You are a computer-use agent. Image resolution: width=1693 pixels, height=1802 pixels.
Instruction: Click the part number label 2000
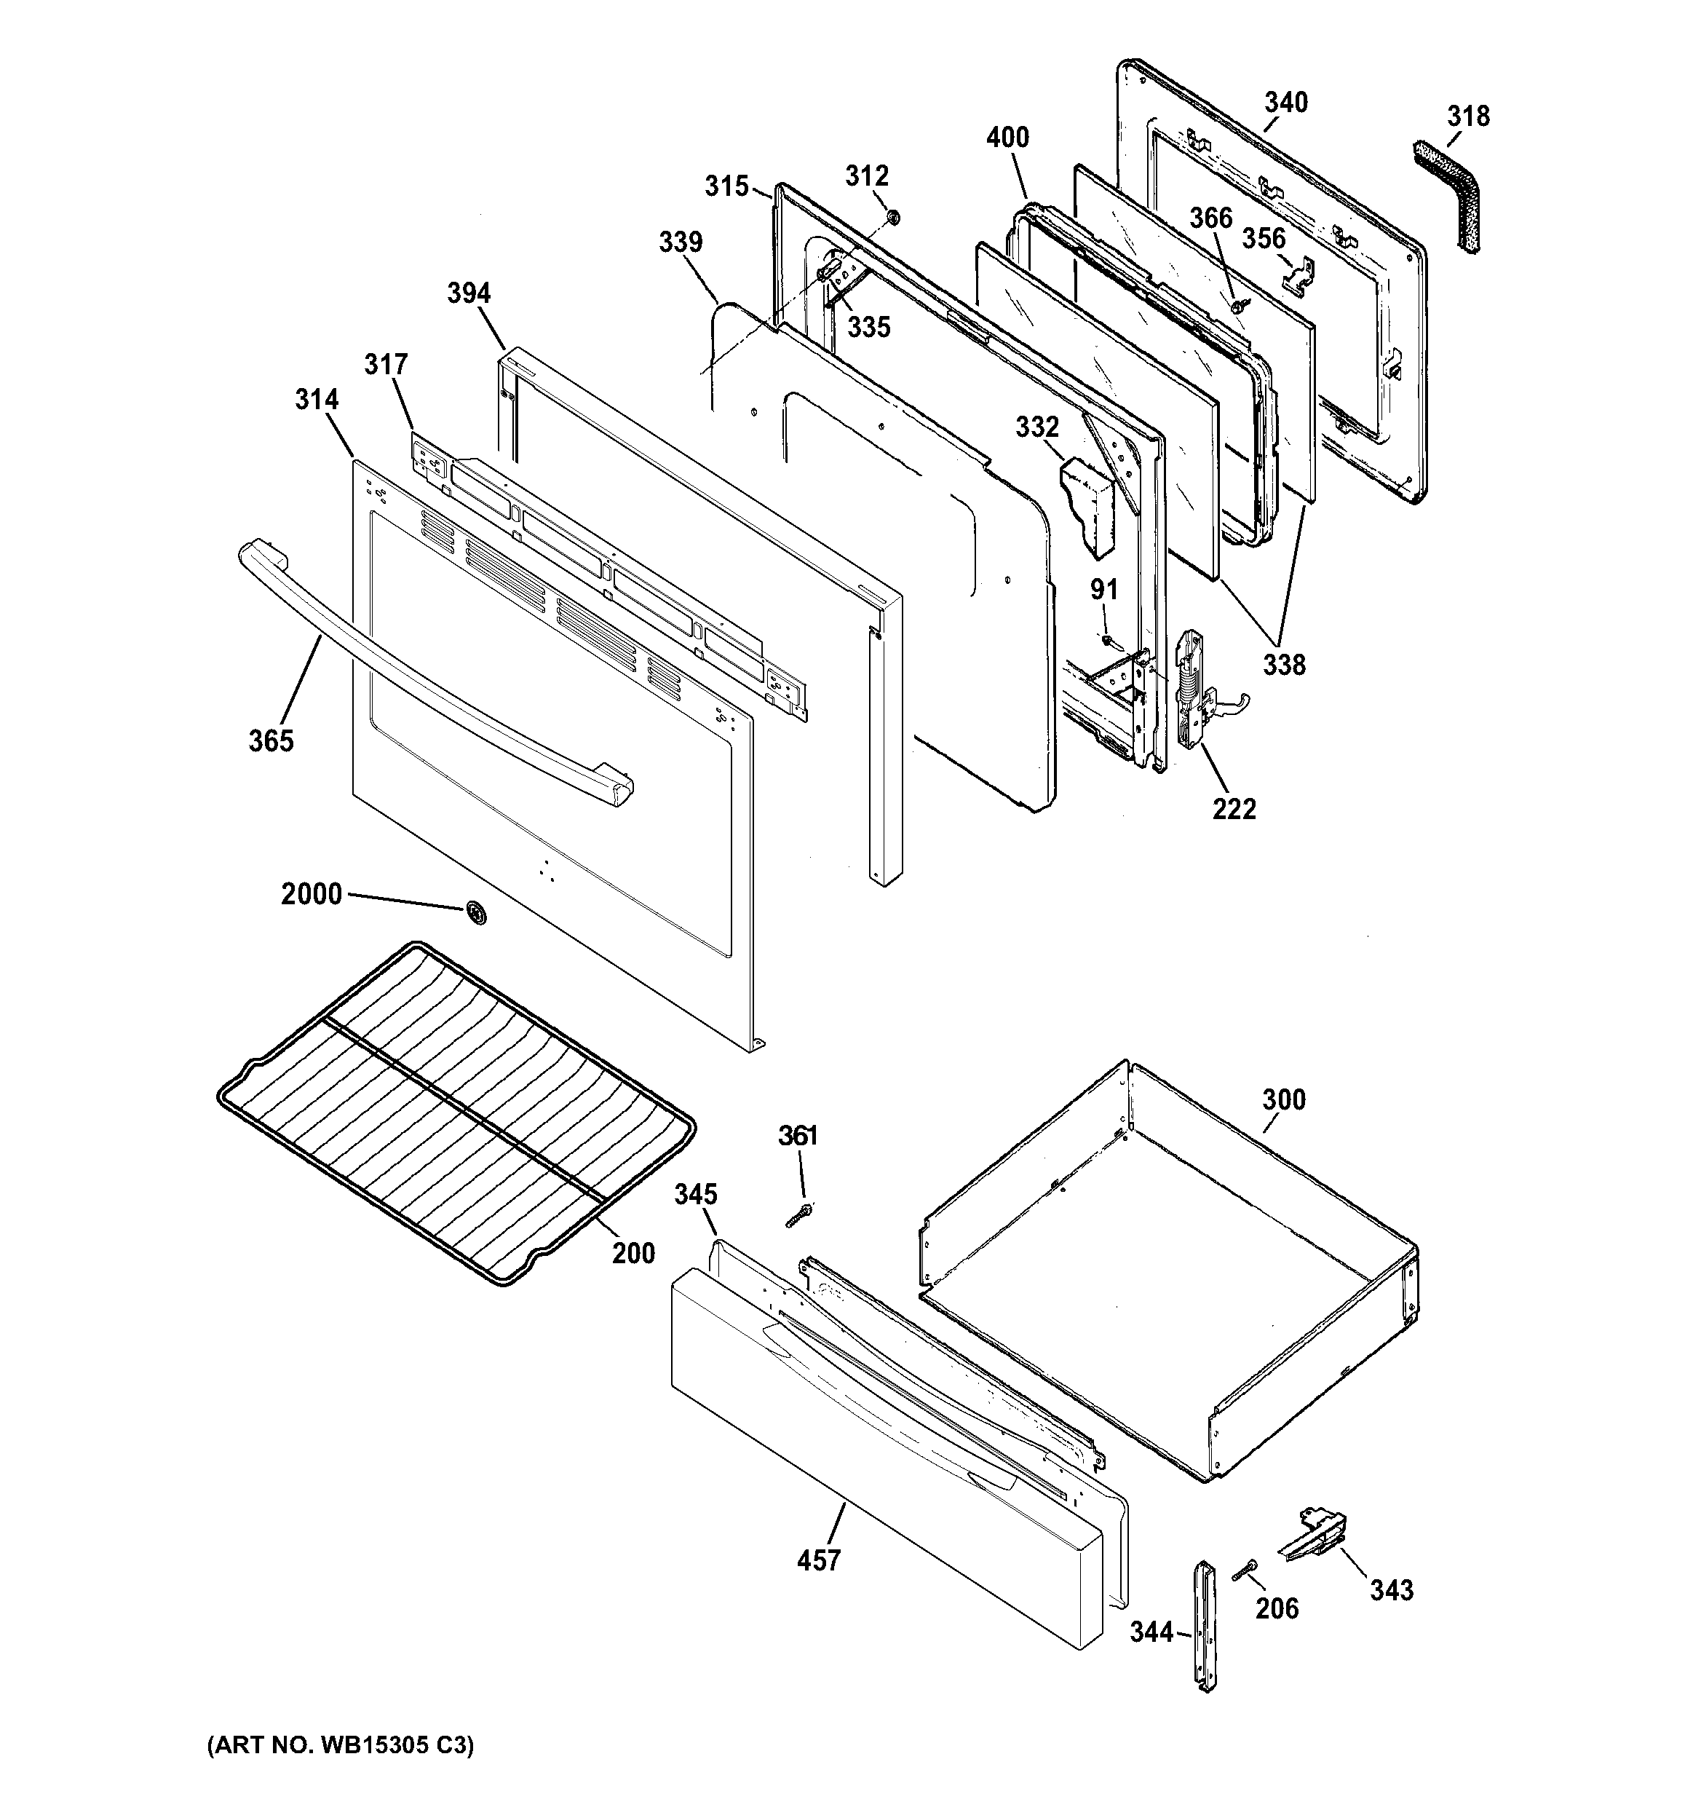(311, 895)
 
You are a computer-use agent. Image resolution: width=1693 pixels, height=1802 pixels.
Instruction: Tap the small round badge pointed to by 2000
(474, 914)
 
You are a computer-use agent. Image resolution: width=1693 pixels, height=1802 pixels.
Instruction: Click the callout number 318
(1467, 116)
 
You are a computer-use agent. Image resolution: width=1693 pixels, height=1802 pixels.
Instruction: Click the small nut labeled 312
(892, 217)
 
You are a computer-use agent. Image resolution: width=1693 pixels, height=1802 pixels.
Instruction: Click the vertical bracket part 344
(1205, 1638)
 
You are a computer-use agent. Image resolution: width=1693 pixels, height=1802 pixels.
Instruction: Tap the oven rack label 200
(633, 1254)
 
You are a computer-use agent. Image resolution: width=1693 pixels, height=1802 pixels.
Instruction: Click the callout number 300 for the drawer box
(1283, 1099)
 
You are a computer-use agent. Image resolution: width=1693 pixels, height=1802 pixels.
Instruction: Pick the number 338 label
(1284, 665)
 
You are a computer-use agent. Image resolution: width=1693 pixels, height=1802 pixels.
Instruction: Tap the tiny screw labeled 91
(1108, 640)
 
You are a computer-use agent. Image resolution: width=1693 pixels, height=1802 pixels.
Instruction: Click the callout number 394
(469, 293)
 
